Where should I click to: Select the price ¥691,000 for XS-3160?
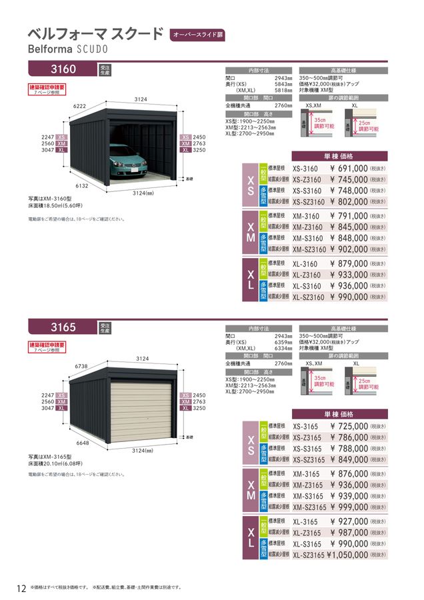(348, 169)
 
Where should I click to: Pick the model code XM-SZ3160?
(309, 249)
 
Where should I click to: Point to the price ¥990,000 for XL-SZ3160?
(348, 297)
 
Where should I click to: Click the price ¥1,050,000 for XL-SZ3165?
(347, 554)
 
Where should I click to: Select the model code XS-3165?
(306, 426)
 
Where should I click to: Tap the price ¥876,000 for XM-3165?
(348, 473)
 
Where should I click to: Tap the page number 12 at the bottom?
(21, 588)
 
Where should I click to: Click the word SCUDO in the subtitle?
(88, 49)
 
